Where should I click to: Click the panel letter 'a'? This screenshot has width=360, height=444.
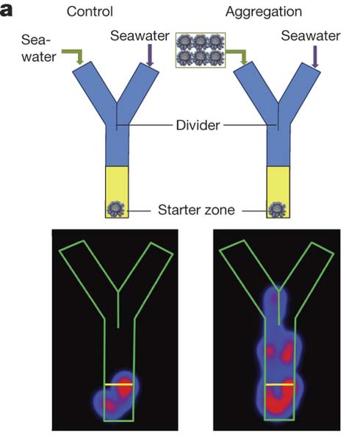[6, 11]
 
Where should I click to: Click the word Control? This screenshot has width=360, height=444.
[90, 12]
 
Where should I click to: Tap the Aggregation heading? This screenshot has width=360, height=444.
[264, 12]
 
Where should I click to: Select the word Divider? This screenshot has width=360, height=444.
[198, 125]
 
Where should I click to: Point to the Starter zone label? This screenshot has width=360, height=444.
[196, 210]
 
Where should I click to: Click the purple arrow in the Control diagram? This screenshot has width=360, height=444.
[150, 55]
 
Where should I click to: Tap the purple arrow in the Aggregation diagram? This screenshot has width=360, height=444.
[315, 57]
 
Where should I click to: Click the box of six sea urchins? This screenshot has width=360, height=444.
[201, 50]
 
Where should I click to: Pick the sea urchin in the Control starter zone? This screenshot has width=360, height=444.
[115, 209]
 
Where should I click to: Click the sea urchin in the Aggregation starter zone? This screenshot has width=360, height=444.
[277, 210]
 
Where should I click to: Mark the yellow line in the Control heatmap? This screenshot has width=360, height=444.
[119, 384]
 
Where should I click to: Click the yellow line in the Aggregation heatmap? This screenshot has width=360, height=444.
[280, 384]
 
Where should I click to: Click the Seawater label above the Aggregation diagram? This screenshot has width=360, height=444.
[311, 36]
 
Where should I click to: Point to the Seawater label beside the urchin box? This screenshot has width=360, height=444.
[140, 36]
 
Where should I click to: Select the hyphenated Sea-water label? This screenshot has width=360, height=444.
[39, 48]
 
